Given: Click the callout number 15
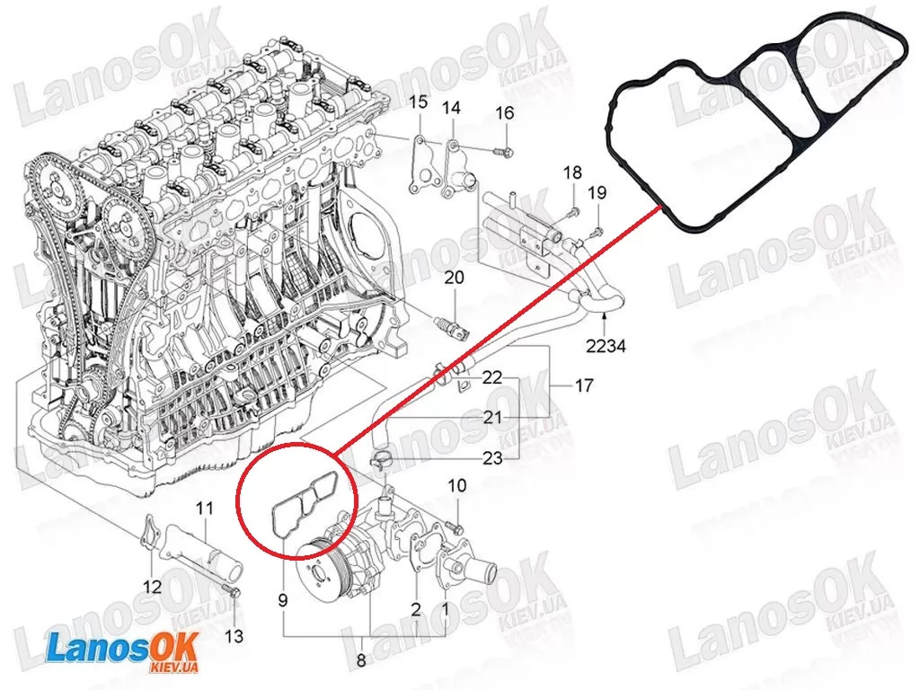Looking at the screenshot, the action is pos(419,102).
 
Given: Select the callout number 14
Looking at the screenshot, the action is pos(451,108).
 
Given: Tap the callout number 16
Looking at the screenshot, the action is pos(505,112).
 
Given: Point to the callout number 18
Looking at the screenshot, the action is pos(572,172).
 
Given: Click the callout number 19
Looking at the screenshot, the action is pos(597,192).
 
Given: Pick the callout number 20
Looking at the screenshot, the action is pos(454,277).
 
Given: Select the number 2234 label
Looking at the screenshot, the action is pos(606,346).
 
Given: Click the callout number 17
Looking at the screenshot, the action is pos(584,385).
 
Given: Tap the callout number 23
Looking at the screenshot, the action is pos(493,457).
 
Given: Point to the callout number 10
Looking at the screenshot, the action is pos(457,485).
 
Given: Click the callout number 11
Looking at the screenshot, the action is pos(204,508).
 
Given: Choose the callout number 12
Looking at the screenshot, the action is pos(152,586).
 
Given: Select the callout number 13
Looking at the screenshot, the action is pos(234,635).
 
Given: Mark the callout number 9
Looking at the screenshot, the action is pos(283,600).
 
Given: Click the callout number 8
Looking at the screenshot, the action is pos(361,660).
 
